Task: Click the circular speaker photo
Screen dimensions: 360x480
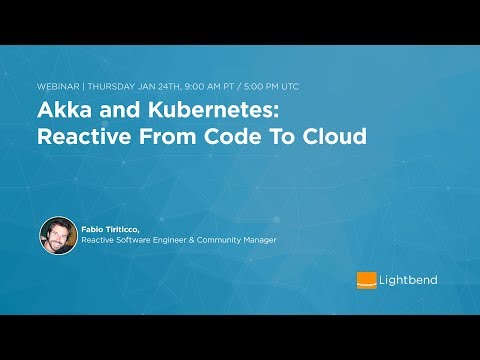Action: pyautogui.click(x=58, y=235)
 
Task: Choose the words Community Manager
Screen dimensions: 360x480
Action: pyautogui.click(x=243, y=241)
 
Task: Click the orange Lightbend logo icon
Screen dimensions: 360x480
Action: pyautogui.click(x=366, y=280)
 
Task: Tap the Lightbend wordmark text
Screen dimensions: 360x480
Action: pyautogui.click(x=408, y=280)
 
